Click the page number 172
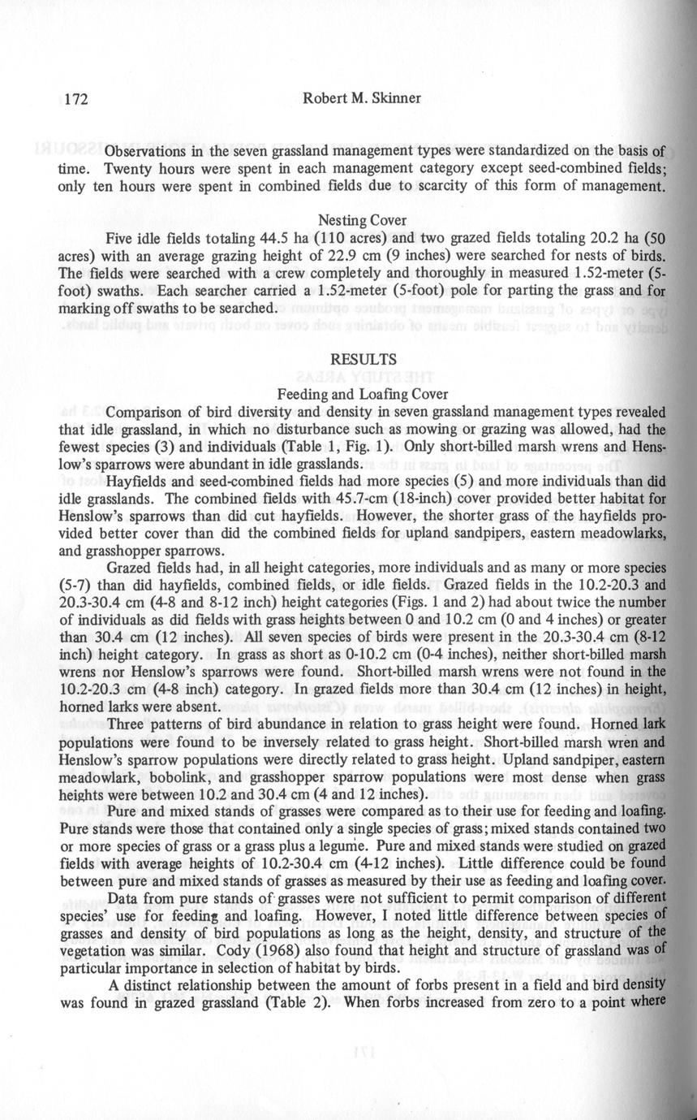pos(74,100)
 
